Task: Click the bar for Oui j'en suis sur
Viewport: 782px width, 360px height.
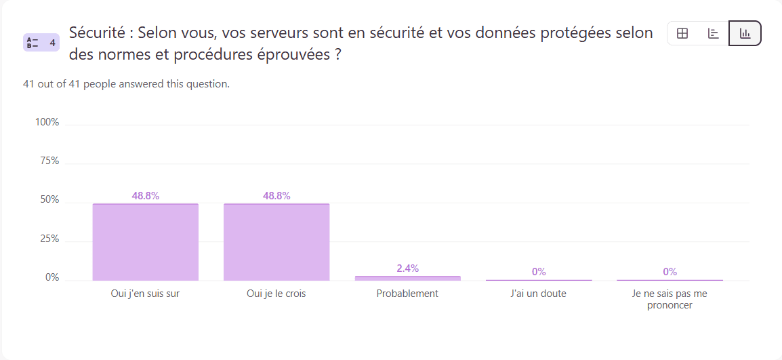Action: point(146,242)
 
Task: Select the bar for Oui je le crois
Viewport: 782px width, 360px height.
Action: point(276,242)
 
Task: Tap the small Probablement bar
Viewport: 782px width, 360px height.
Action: point(407,278)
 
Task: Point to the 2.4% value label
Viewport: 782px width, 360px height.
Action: point(407,268)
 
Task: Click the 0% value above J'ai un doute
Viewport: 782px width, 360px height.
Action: point(539,272)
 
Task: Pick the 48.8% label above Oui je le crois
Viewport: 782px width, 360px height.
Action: point(276,196)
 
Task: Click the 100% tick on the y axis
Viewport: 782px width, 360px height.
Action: point(47,122)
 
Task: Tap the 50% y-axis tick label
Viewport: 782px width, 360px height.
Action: point(49,200)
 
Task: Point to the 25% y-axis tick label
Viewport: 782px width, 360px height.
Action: point(49,239)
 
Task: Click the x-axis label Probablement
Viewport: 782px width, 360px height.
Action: point(407,294)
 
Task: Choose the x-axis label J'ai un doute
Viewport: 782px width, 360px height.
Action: point(539,294)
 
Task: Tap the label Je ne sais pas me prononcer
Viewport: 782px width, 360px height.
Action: point(670,299)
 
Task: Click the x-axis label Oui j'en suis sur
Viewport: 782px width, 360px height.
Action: point(146,294)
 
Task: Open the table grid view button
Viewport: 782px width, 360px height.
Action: point(682,33)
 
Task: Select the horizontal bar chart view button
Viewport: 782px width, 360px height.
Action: point(714,33)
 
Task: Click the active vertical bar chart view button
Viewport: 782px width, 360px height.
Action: point(745,33)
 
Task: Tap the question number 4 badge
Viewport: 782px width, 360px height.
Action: point(41,43)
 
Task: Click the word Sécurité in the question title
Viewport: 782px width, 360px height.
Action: point(98,33)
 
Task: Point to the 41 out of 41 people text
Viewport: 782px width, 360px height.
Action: point(126,84)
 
